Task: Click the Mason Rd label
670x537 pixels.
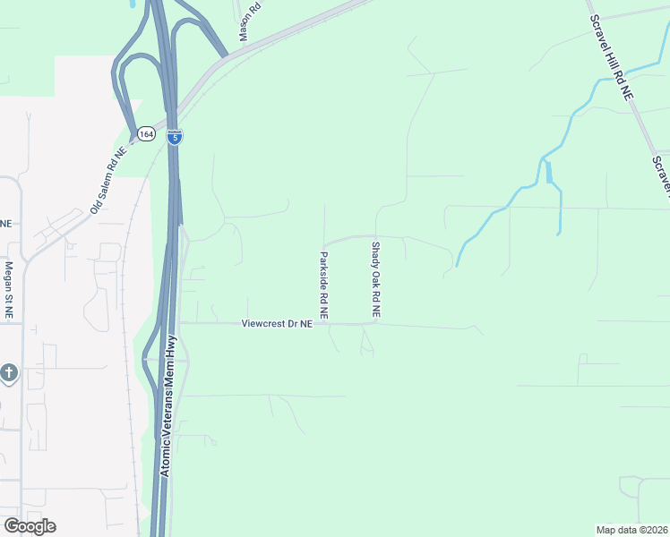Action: [x=248, y=20]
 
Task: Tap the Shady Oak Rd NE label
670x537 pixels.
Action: [x=376, y=280]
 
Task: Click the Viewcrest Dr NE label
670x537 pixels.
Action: [x=277, y=324]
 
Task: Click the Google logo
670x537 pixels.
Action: [x=30, y=526]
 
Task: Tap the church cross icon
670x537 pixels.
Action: [x=9, y=372]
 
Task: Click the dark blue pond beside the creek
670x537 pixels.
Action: [x=547, y=169]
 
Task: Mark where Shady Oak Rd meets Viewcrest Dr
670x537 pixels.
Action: [x=375, y=324]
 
